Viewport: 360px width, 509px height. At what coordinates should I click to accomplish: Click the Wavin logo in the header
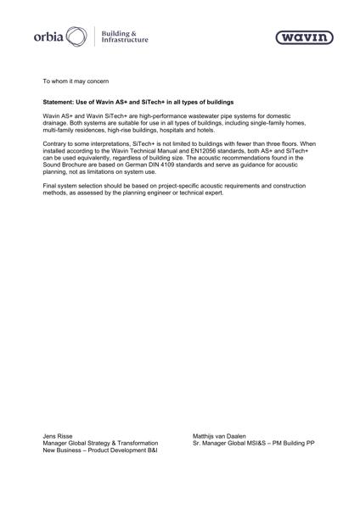pyautogui.click(x=304, y=37)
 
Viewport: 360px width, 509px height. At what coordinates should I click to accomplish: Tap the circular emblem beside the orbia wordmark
pyautogui.click(x=76, y=37)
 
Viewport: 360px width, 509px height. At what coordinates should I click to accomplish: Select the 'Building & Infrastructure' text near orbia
pyautogui.click(x=124, y=37)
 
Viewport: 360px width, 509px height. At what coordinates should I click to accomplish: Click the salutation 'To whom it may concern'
pyautogui.click(x=76, y=80)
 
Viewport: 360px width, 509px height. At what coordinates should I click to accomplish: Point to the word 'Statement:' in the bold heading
pyautogui.click(x=59, y=101)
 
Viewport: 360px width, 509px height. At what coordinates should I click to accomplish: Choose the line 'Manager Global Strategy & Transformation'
pyautogui.click(x=100, y=443)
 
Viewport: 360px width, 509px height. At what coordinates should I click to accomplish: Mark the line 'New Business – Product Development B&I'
pyautogui.click(x=100, y=450)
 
